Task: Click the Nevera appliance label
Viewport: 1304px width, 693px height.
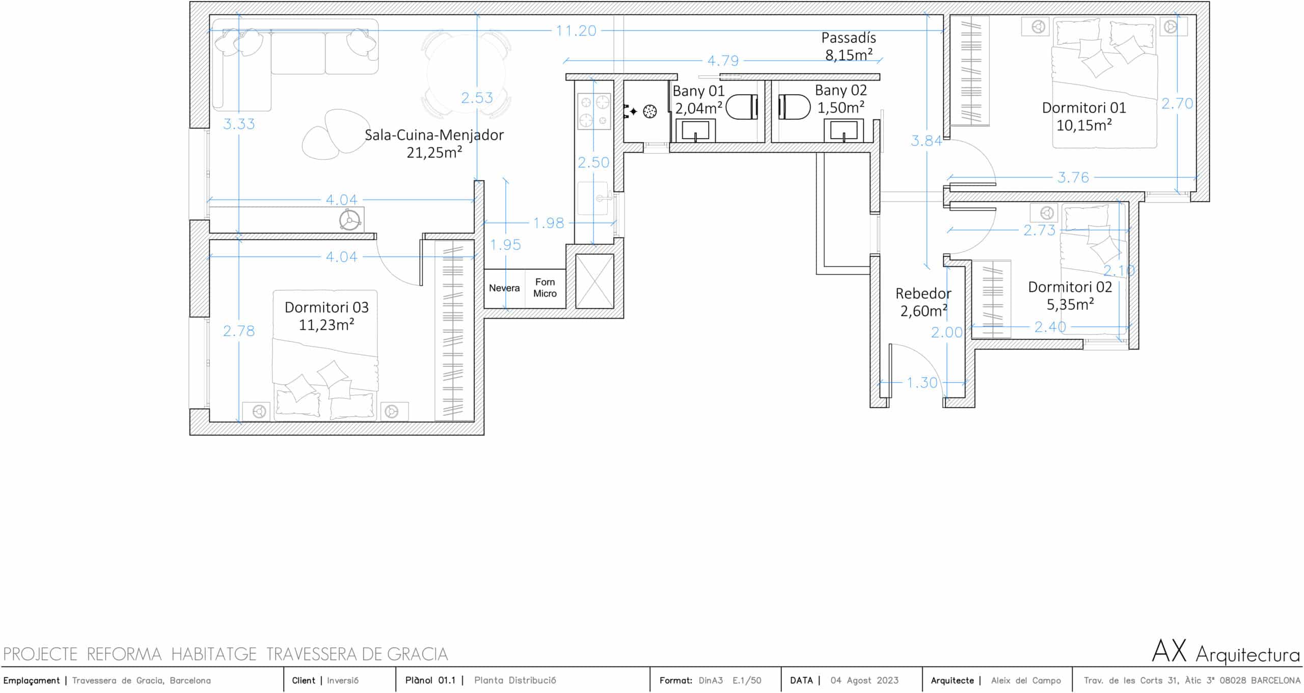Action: click(x=504, y=288)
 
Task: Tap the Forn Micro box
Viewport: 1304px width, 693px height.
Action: click(x=546, y=288)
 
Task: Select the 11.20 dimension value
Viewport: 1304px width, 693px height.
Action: click(x=576, y=31)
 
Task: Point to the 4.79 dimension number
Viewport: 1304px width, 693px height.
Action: click(x=723, y=61)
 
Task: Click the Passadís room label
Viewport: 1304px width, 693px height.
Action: click(x=849, y=38)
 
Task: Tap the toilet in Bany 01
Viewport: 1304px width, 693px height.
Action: click(x=742, y=109)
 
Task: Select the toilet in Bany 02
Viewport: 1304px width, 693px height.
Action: click(x=795, y=108)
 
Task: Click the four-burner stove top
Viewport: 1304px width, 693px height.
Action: click(x=594, y=112)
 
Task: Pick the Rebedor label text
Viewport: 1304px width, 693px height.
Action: click(x=923, y=294)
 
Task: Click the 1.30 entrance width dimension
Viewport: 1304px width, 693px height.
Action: click(x=922, y=382)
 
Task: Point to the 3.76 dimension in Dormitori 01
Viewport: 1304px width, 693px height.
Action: click(x=1073, y=177)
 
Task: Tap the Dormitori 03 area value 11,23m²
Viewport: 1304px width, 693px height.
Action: click(x=327, y=325)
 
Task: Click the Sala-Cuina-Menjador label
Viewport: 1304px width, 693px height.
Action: click(x=434, y=135)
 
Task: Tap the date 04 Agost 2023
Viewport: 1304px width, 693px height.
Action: click(x=864, y=680)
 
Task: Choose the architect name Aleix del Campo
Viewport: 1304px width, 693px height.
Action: click(x=1026, y=680)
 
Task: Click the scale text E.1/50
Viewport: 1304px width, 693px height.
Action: click(x=747, y=680)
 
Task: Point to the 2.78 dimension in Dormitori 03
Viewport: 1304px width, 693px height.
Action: click(x=239, y=331)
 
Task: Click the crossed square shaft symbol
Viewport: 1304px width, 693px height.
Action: click(x=594, y=281)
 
